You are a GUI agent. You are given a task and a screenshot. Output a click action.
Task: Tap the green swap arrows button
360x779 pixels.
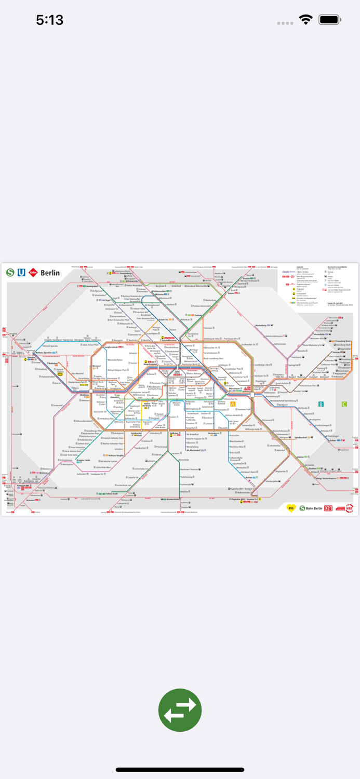pyautogui.click(x=180, y=710)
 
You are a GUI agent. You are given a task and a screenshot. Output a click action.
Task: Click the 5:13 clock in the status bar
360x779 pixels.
pyautogui.click(x=50, y=20)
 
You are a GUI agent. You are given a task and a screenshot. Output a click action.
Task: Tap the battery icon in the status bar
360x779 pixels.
pyautogui.click(x=329, y=20)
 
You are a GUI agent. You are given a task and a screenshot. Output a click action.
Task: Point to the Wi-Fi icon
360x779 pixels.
pyautogui.click(x=306, y=20)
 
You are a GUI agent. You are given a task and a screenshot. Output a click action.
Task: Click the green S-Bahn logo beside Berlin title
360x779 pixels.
pyautogui.click(x=10, y=273)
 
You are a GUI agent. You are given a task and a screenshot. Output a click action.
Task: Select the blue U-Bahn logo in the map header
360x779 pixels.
pyautogui.click(x=21, y=273)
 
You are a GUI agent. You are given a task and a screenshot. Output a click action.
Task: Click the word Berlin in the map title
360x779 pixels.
pyautogui.click(x=50, y=273)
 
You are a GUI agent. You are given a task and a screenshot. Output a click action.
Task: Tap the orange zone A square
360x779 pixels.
pyautogui.click(x=233, y=404)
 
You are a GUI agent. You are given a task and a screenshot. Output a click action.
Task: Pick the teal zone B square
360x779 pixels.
pyautogui.click(x=321, y=404)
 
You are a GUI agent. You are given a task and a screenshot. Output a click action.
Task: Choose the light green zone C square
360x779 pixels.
pyautogui.click(x=344, y=404)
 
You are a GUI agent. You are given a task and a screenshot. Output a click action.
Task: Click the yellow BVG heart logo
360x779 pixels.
pyautogui.click(x=291, y=508)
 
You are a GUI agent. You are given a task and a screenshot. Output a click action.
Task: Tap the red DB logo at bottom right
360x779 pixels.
pyautogui.click(x=328, y=508)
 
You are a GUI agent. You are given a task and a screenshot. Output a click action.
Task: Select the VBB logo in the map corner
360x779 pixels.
pyautogui.click(x=350, y=508)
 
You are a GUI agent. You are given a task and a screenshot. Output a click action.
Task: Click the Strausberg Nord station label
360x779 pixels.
pyautogui.click(x=343, y=340)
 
